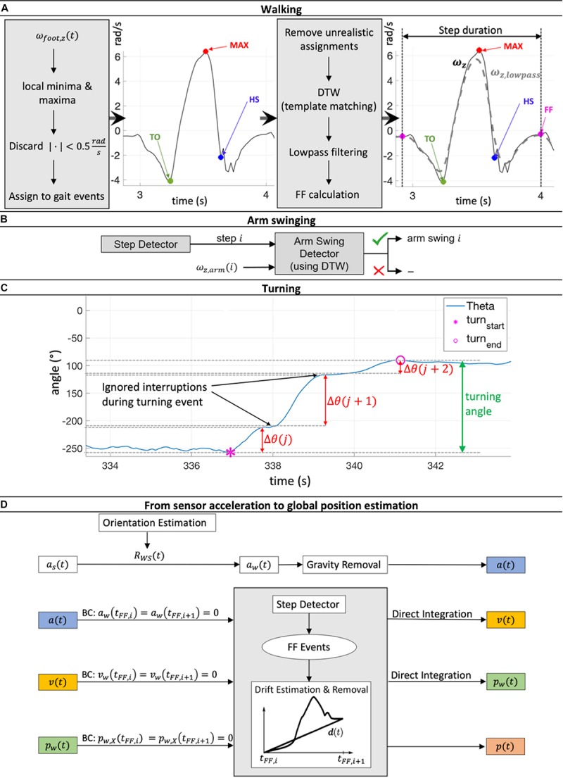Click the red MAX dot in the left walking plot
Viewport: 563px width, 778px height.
(205, 51)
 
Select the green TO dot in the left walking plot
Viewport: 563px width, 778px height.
(170, 181)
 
